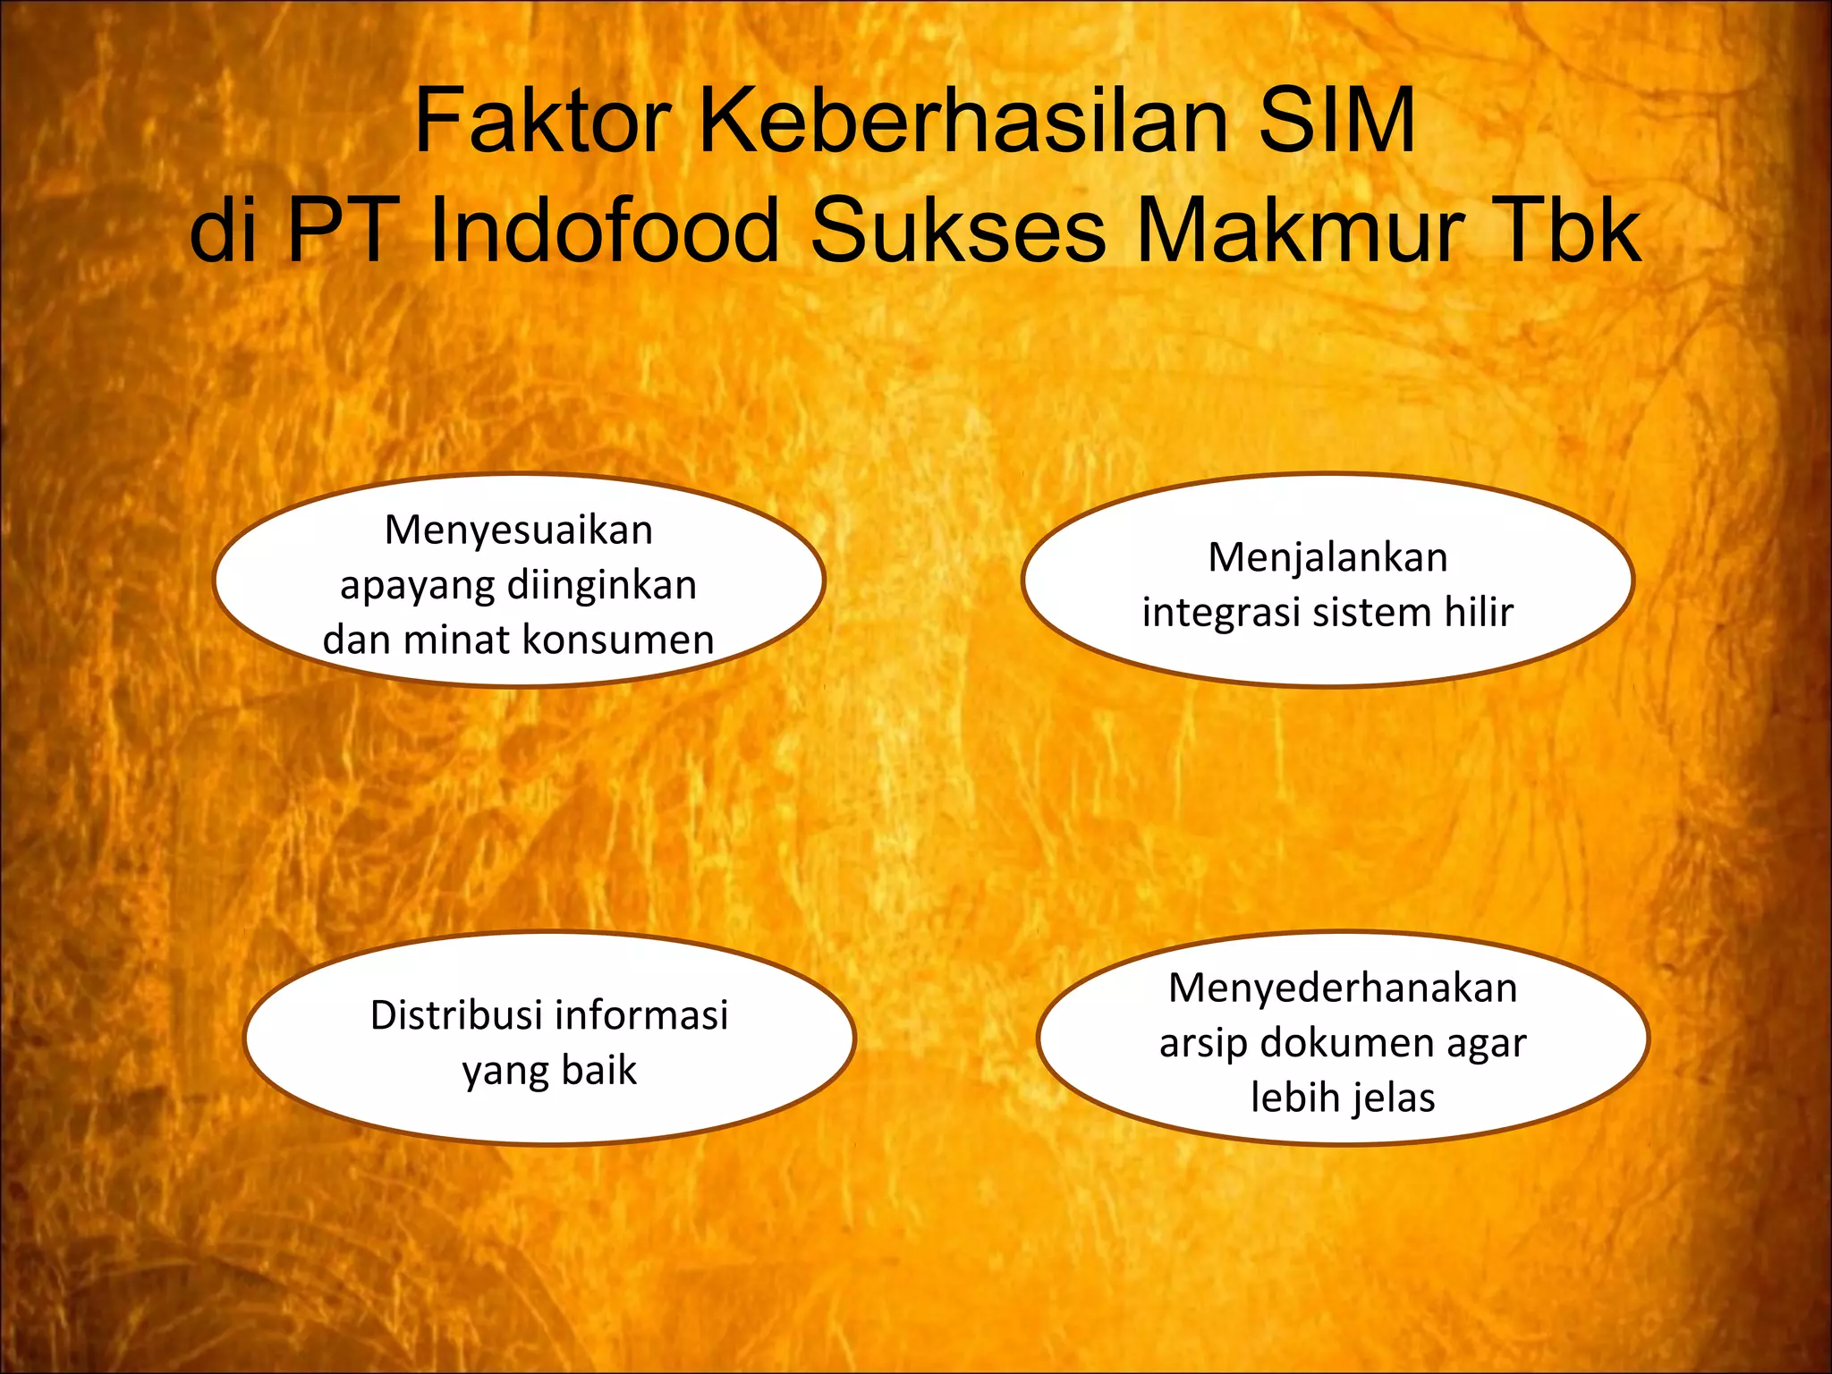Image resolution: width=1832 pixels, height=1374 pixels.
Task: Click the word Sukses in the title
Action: tap(958, 231)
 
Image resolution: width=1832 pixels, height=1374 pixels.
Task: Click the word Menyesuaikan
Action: tap(519, 530)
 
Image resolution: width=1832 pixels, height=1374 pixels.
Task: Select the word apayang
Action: tap(417, 587)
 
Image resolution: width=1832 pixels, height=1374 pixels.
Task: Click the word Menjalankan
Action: tap(1327, 557)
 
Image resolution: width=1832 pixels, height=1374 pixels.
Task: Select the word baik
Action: tap(598, 1070)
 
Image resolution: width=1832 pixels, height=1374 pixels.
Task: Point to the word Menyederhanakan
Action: tap(1343, 988)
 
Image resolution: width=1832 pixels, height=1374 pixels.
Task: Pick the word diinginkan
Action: tap(601, 586)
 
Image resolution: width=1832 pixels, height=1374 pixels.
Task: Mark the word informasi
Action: tap(641, 1015)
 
